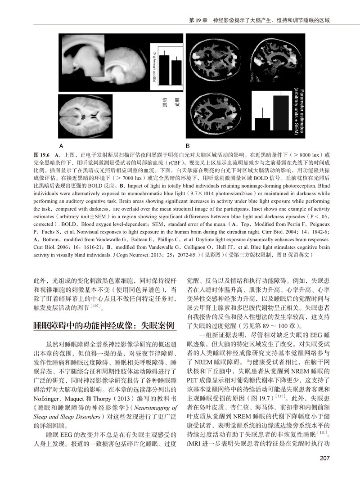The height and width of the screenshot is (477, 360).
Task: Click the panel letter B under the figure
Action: (x=189, y=146)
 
